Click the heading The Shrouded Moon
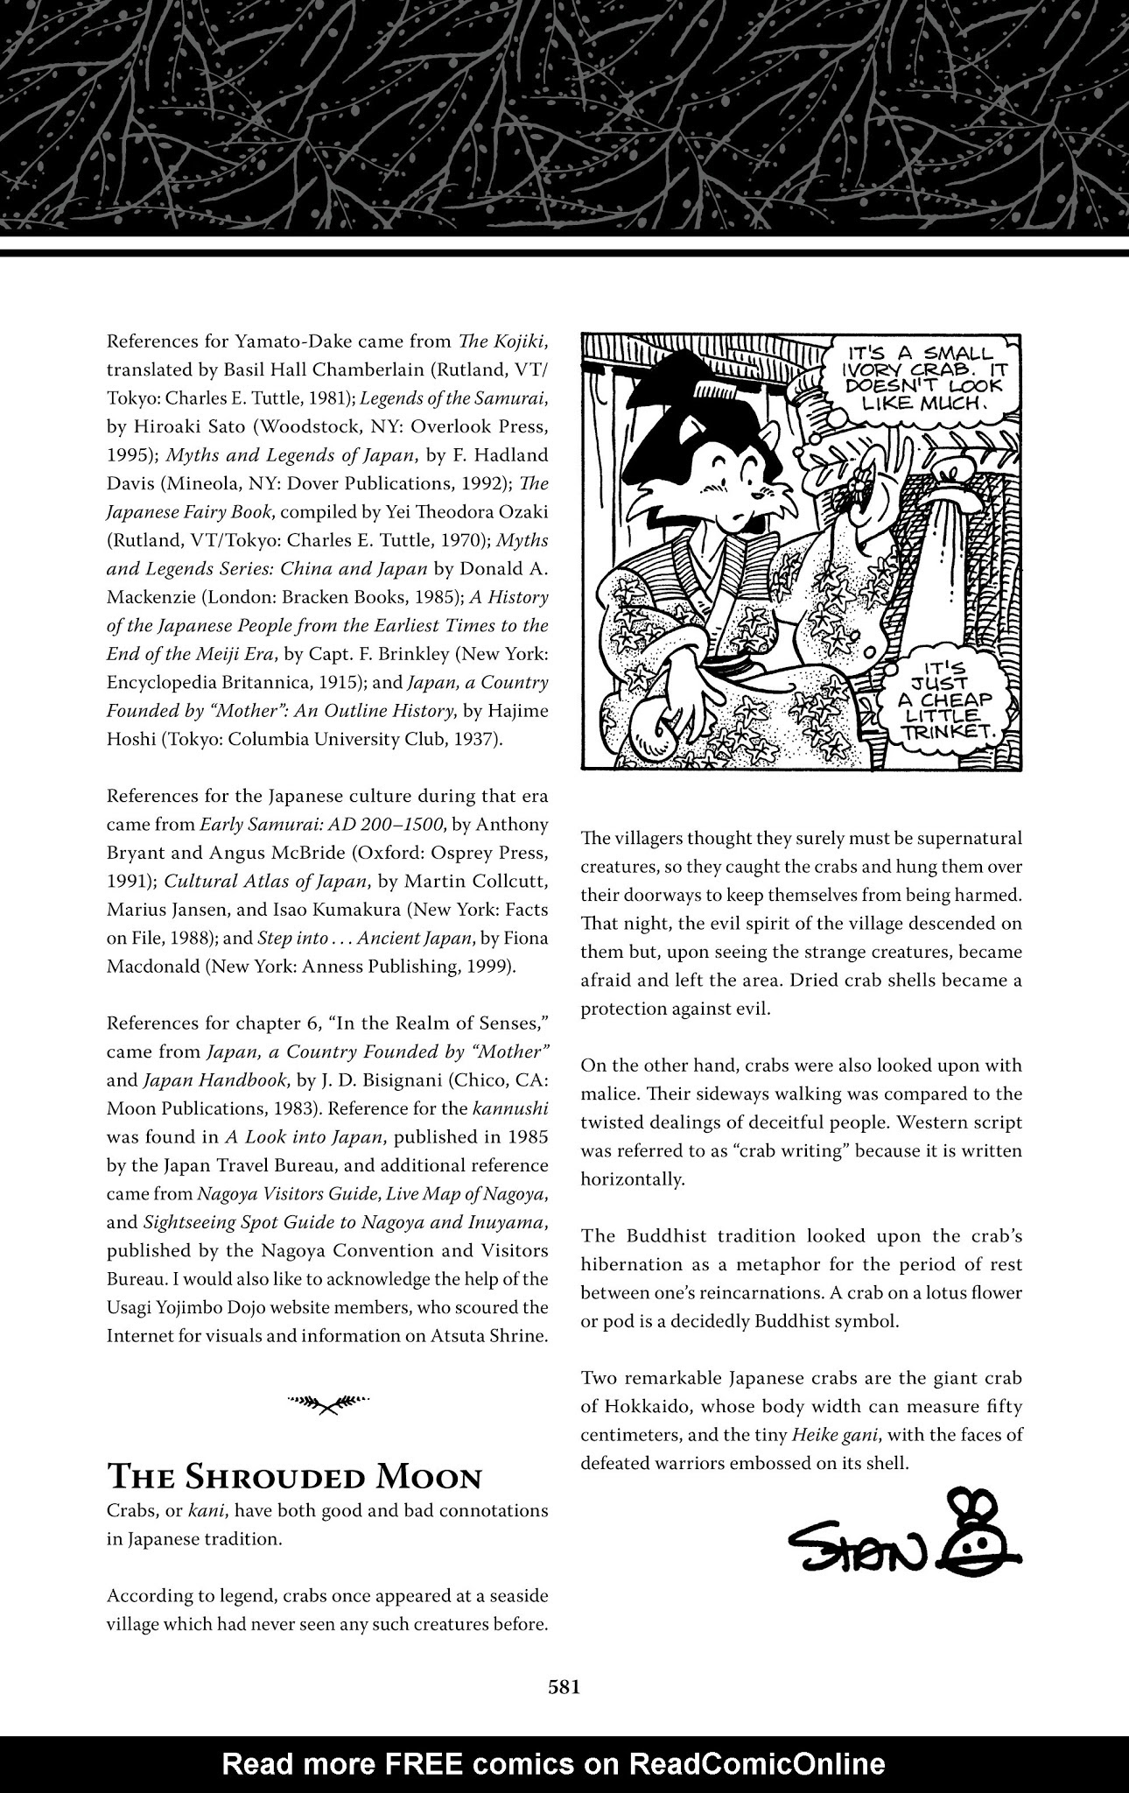[x=293, y=1477]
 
